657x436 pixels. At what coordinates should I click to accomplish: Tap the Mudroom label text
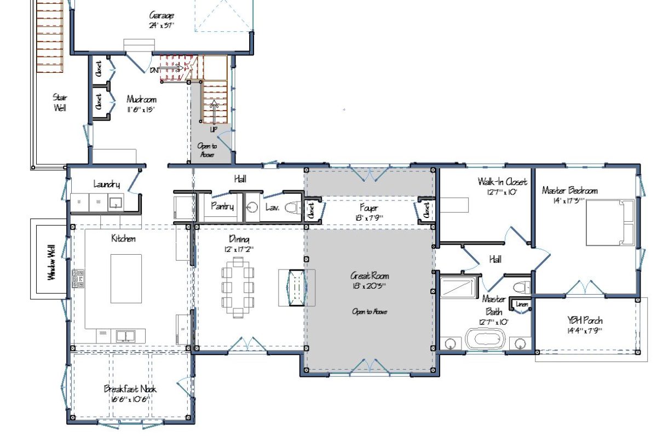pyautogui.click(x=141, y=100)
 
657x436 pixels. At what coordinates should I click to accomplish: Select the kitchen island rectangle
pyautogui.click(x=126, y=278)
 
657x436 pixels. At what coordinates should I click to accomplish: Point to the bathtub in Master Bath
pyautogui.click(x=487, y=338)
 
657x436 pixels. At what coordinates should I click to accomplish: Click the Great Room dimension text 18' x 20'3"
pyautogui.click(x=370, y=286)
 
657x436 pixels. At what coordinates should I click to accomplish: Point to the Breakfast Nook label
pyautogui.click(x=130, y=389)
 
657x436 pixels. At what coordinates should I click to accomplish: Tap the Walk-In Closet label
pyautogui.click(x=502, y=181)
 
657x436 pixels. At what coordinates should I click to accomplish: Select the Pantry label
pyautogui.click(x=222, y=206)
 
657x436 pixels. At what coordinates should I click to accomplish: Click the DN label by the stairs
pyautogui.click(x=154, y=70)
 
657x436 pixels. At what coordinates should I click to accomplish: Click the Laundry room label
pyautogui.click(x=106, y=185)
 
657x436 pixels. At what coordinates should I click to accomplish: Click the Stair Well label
pyautogui.click(x=60, y=102)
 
